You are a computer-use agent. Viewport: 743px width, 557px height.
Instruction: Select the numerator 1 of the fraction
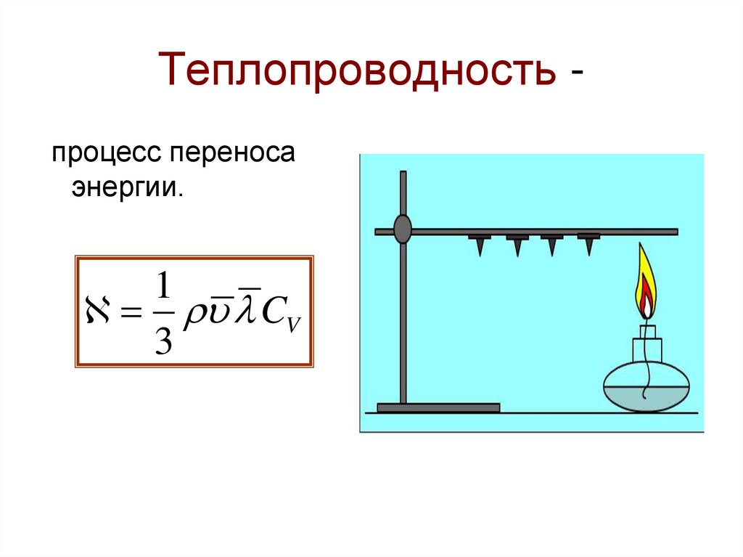[x=163, y=288]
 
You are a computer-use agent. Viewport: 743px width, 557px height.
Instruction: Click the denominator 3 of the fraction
[x=163, y=338]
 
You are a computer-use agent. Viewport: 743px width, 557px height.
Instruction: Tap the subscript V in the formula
[x=292, y=325]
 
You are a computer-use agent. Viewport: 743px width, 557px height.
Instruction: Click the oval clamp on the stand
[x=403, y=229]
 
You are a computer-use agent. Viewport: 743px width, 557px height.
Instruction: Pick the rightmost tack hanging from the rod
[x=588, y=243]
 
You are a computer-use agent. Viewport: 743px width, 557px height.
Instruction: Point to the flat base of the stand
[x=438, y=407]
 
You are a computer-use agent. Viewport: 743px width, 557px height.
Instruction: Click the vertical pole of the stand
[x=403, y=320]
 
